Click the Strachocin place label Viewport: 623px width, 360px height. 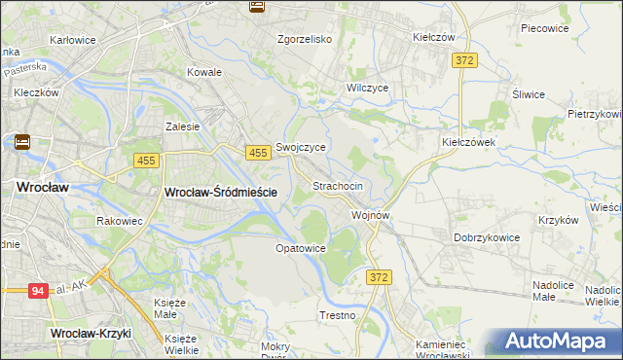(x=337, y=185)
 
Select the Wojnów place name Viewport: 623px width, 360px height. (x=371, y=215)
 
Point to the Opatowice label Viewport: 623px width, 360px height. (x=300, y=248)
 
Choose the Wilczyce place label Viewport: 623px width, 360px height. (x=368, y=87)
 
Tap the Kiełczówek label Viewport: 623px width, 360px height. (x=469, y=141)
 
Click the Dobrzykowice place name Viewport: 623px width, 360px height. (x=489, y=237)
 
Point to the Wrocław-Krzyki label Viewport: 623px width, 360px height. (x=90, y=334)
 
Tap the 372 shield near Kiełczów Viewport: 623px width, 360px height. (x=464, y=60)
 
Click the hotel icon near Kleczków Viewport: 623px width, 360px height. (x=21, y=142)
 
